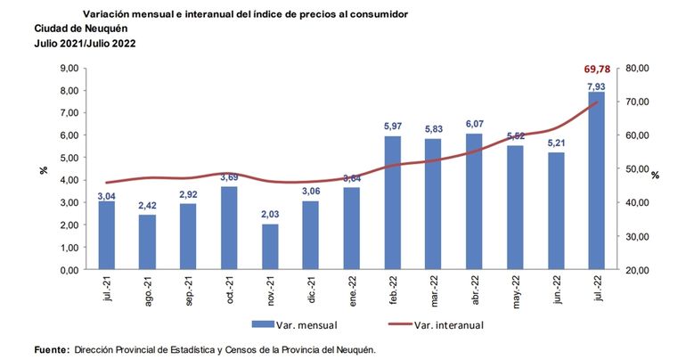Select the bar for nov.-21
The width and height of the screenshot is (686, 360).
pos(270,246)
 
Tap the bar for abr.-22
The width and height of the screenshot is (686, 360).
pos(474,201)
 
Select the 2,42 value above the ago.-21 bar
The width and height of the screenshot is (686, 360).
pos(148,205)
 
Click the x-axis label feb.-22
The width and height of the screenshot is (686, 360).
pos(393,292)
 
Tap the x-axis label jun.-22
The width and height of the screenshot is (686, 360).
pos(556,292)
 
